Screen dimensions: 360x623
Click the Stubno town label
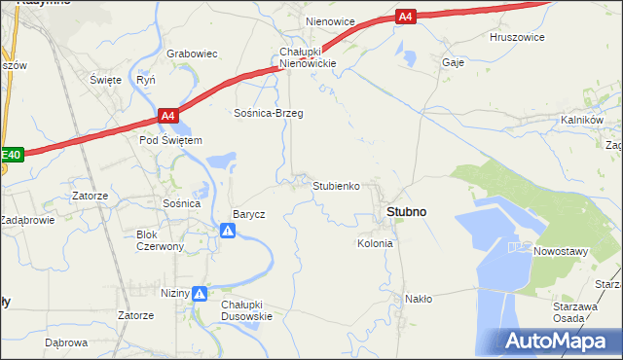click(406, 211)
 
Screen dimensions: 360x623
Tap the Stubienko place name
click(337, 185)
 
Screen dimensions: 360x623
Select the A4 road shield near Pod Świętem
click(168, 116)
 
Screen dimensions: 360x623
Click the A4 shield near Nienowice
click(406, 16)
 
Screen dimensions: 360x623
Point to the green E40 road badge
click(11, 154)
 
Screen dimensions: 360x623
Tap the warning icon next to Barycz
click(227, 231)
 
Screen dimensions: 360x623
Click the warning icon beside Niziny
click(199, 293)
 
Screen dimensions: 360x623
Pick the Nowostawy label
click(561, 251)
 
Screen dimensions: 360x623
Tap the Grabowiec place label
click(191, 54)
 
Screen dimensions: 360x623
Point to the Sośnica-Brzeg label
click(268, 113)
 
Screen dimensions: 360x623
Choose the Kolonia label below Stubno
click(375, 243)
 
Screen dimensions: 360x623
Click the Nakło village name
click(419, 299)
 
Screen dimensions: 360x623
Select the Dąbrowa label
click(66, 342)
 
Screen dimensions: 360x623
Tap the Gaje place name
click(453, 61)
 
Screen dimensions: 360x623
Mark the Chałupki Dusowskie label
click(246, 309)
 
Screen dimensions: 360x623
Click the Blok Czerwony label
click(160, 240)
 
